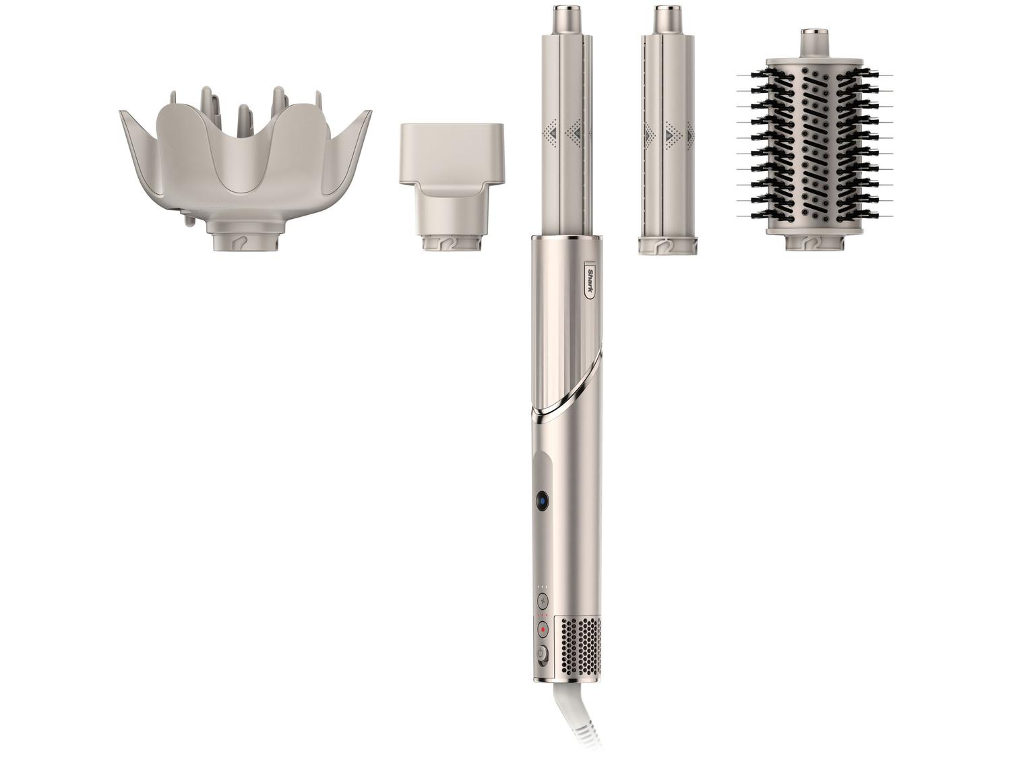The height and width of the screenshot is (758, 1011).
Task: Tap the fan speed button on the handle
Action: [543, 602]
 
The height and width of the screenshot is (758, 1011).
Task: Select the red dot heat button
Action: [543, 630]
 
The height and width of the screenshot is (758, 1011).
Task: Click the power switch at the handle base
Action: [543, 656]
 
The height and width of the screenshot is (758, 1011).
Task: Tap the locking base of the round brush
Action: [816, 241]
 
